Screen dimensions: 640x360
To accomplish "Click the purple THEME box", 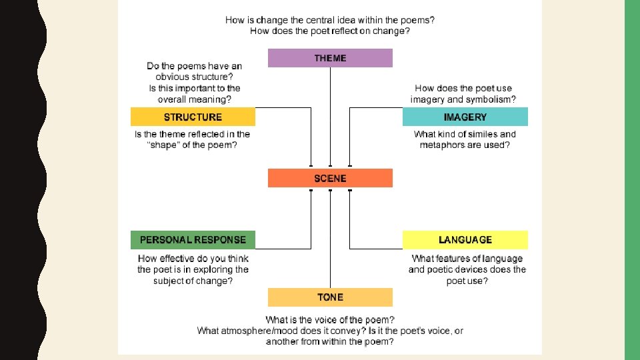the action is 330,58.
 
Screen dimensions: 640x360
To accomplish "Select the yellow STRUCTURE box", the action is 193,117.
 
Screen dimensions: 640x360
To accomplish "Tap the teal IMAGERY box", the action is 465,117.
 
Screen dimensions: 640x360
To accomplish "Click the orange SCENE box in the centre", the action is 330,178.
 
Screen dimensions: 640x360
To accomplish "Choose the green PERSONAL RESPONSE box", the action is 193,239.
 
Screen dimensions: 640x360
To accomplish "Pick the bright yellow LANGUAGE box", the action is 465,239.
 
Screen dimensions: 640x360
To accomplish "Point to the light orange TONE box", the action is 330,297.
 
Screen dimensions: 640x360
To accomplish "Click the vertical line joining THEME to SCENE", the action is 330,117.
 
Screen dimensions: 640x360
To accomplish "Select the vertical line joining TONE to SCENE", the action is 330,239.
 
